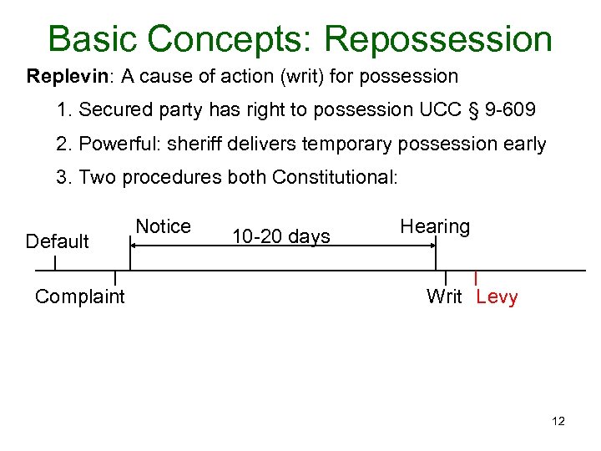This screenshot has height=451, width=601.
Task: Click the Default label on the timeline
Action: [58, 241]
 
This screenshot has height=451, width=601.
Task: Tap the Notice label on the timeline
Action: [163, 226]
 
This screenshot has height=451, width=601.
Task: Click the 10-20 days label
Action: [281, 237]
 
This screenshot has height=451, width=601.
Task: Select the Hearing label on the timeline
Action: [435, 226]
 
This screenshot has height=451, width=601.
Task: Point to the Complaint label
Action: [80, 296]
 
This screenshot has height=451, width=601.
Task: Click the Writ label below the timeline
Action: [443, 296]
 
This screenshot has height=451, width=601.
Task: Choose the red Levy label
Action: [497, 297]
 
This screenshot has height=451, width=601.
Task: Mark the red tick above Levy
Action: [475, 277]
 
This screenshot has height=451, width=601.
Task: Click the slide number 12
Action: [558, 422]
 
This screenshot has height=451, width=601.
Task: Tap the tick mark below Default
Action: [55, 263]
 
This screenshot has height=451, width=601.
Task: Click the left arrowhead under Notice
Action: [132, 245]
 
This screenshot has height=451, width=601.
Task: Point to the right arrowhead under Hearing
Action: [432, 245]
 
